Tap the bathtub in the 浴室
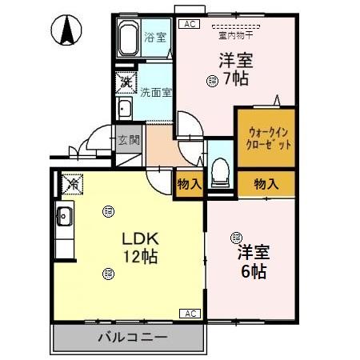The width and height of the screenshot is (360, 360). coord(129,38)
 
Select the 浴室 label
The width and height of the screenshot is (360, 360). coord(154,37)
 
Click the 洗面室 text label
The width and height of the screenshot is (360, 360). coord(156,92)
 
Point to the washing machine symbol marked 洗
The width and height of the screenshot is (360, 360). coord(126,82)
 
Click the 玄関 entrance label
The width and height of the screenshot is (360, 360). coord(130,140)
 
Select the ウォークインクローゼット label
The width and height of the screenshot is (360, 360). coord(266,138)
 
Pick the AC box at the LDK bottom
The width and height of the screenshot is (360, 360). coord(191,313)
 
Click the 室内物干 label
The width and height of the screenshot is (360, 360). coord(234,34)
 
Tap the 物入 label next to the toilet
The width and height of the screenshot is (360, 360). coord(190,185)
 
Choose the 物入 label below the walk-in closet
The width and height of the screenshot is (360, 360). coord(266,185)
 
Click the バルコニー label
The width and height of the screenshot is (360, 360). coord(132,337)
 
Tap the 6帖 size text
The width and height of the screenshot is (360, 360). coord(254,270)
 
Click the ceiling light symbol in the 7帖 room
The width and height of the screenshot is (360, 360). coord(211,79)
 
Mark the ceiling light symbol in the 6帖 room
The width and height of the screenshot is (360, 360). coord(236,237)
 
